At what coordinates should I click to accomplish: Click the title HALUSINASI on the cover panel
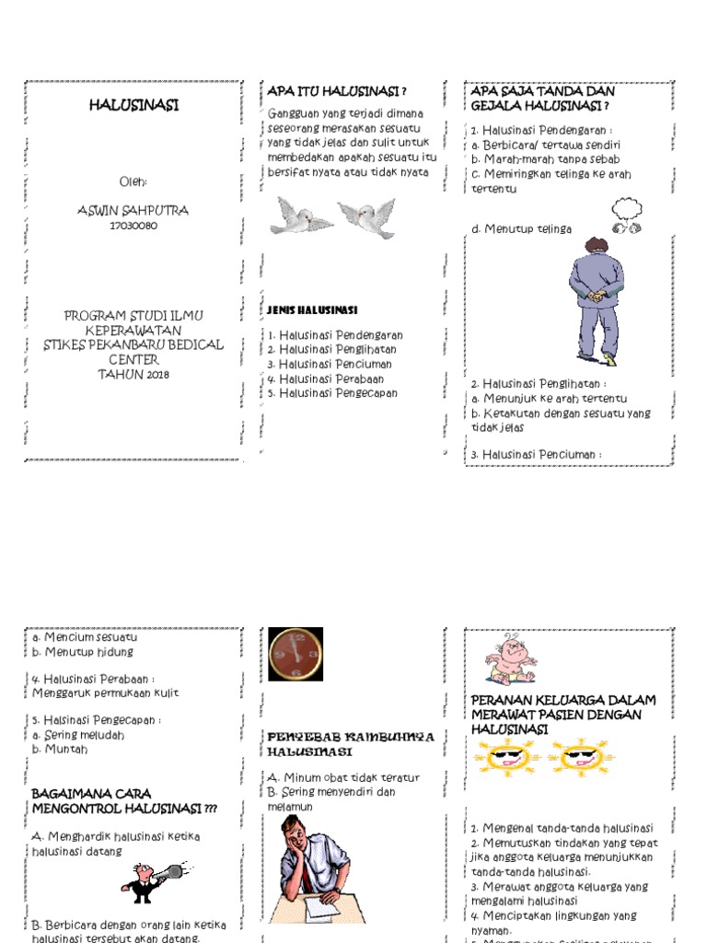(x=133, y=106)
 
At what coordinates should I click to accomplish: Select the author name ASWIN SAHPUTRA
(x=133, y=211)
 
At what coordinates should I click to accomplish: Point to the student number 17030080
(x=133, y=226)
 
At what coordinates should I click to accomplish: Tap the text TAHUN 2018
(x=133, y=374)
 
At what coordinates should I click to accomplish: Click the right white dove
(x=366, y=217)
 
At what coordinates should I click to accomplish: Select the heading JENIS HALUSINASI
(x=312, y=310)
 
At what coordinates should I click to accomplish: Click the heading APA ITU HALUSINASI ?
(x=337, y=91)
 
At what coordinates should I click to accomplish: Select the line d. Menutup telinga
(x=521, y=229)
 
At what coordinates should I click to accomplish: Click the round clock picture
(x=296, y=653)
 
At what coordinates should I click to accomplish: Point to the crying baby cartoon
(x=510, y=659)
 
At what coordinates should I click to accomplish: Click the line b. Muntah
(x=60, y=750)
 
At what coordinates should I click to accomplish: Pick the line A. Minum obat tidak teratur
(x=342, y=777)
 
